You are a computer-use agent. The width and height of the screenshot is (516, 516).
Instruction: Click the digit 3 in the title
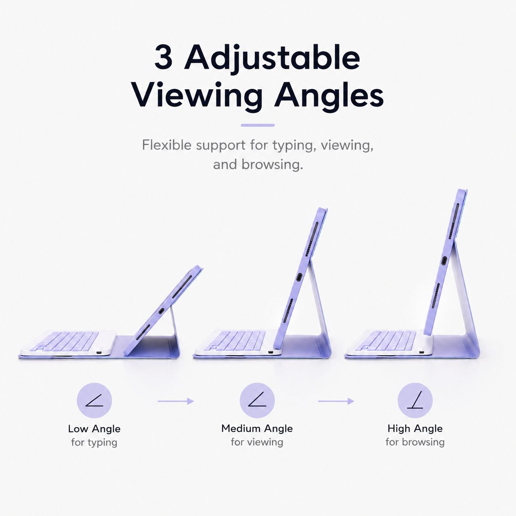[163, 58]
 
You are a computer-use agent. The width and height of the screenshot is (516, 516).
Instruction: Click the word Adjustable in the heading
[272, 58]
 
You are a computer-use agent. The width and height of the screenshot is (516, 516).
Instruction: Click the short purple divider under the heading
[258, 125]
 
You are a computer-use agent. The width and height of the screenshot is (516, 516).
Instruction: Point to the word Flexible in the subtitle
[167, 145]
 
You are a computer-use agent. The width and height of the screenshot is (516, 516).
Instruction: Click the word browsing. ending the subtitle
[272, 165]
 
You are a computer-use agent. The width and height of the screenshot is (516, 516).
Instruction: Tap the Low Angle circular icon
[94, 400]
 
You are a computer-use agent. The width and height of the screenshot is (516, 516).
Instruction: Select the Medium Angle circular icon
[257, 400]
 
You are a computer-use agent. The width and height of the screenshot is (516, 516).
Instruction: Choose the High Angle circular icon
[415, 400]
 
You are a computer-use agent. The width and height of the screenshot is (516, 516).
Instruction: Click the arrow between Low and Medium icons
[176, 401]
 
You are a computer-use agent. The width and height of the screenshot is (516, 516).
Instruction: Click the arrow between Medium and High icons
[336, 401]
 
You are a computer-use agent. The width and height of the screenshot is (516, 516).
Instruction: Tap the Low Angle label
[94, 429]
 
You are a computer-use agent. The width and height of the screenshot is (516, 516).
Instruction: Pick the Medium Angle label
[257, 428]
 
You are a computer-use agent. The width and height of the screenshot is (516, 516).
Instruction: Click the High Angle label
[415, 428]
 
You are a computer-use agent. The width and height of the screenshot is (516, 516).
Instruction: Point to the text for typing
[94, 442]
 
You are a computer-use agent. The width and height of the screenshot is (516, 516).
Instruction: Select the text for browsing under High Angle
[415, 442]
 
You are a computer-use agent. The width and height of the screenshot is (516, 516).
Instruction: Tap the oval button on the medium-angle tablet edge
[299, 277]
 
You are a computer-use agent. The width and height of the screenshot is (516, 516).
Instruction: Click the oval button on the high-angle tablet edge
[444, 260]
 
